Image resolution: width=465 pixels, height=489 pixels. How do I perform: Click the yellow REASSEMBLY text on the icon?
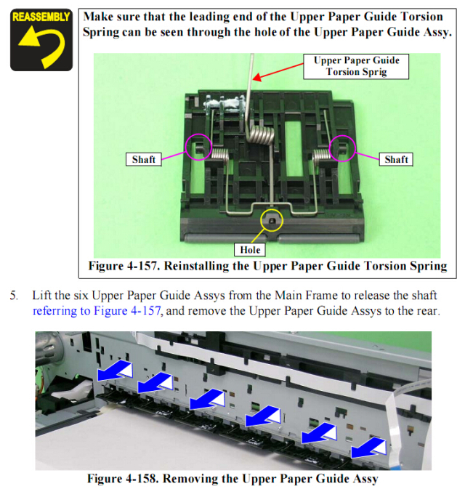coord(41,17)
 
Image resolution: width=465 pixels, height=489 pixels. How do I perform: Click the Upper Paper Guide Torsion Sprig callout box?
coord(356,66)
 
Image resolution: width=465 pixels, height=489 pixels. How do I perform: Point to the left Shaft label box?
coord(143,159)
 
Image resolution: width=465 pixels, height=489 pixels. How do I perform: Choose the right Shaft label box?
coord(396,159)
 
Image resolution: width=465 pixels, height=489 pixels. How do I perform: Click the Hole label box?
coord(250,250)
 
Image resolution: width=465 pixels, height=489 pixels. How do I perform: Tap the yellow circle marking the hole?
coord(272,220)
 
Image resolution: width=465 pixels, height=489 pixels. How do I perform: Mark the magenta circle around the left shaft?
coord(198,147)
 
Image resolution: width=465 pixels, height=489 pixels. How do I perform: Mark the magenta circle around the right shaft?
coord(342,148)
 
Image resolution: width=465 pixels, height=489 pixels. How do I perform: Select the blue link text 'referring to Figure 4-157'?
coord(97,311)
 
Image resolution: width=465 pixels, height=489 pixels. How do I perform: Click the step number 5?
coord(13,295)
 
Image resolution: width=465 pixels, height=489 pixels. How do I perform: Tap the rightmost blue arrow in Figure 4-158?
coord(368,448)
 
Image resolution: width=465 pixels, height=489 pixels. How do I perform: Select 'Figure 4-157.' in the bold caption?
coord(124,266)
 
